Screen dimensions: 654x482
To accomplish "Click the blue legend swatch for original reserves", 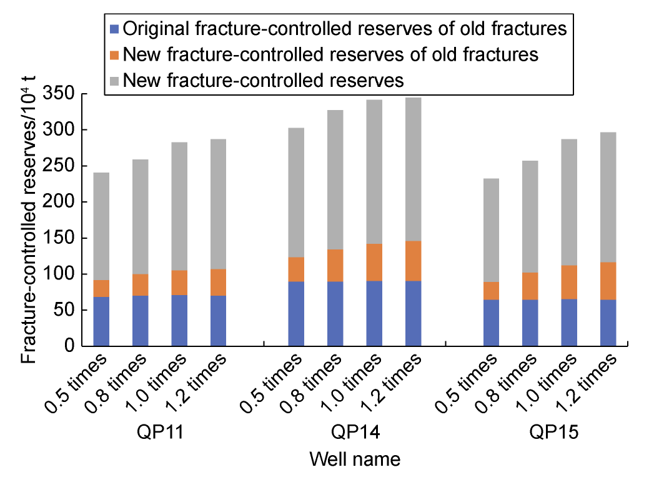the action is [x=114, y=29].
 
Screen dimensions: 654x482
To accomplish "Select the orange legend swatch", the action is [x=114, y=54].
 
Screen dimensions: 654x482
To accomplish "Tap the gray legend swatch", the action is [x=114, y=81].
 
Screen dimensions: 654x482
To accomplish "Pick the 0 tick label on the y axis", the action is [x=71, y=346].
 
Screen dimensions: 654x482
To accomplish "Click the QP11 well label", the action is [x=160, y=432].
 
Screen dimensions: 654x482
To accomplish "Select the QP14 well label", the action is [x=355, y=432].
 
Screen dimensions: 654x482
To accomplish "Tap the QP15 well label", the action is [x=554, y=432].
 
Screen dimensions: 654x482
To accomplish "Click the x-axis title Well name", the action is [x=355, y=459].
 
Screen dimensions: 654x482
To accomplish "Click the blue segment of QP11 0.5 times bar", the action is [x=101, y=321].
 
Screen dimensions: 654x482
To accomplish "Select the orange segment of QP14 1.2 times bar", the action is [x=414, y=261].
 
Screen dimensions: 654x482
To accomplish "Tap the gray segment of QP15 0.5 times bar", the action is [x=492, y=230].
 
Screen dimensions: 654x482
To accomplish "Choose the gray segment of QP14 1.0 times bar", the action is [x=374, y=172].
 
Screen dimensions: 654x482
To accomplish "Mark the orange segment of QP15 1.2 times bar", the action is [x=608, y=281].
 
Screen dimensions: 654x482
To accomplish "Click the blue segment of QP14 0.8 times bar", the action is [x=335, y=314].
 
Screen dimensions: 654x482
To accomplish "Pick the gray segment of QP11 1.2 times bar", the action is [x=218, y=204].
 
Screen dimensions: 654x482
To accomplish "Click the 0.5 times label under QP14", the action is [x=272, y=383].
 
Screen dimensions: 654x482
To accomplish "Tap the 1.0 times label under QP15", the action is [x=547, y=383].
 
